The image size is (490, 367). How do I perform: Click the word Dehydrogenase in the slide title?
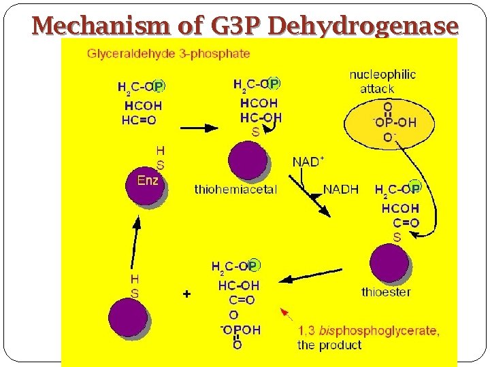(363, 26)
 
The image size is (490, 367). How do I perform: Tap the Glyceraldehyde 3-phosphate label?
(168, 53)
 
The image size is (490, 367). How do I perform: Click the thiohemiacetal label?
(235, 190)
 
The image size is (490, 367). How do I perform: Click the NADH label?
(341, 190)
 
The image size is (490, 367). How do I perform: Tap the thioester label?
(386, 292)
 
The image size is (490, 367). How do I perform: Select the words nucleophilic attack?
(382, 82)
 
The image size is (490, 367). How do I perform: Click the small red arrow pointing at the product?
(287, 313)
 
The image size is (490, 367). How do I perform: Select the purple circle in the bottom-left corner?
(129, 318)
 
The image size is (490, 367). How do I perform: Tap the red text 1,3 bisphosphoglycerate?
(368, 332)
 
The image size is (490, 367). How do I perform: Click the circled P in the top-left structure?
(158, 86)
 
